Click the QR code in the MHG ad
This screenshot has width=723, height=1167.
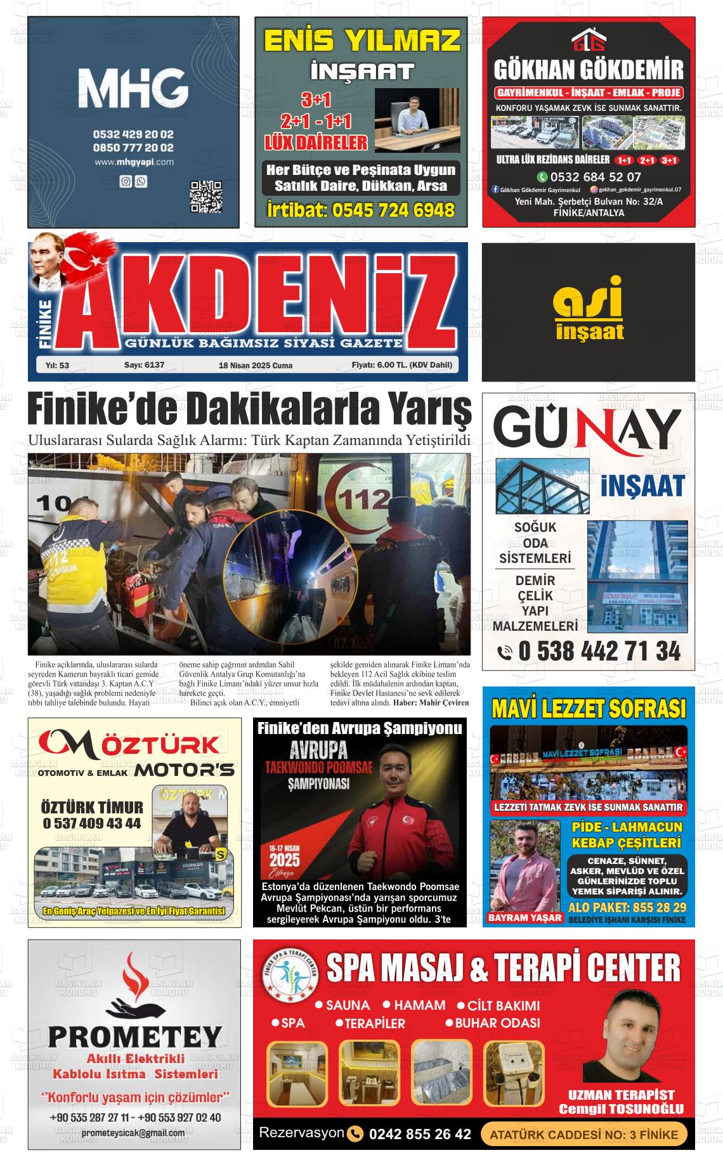click(206, 197)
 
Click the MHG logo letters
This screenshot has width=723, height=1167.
click(133, 88)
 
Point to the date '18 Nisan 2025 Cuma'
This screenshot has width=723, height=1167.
click(255, 366)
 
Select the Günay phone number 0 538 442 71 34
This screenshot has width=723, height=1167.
click(590, 651)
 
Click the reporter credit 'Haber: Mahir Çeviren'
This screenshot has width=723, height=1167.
click(431, 702)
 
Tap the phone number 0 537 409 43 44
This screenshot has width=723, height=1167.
click(92, 823)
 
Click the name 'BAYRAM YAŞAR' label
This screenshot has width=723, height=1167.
click(524, 917)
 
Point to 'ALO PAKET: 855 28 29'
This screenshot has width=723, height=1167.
click(627, 907)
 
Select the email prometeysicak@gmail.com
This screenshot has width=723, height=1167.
click(133, 1133)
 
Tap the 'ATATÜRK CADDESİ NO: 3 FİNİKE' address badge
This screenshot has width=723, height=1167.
click(583, 1135)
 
